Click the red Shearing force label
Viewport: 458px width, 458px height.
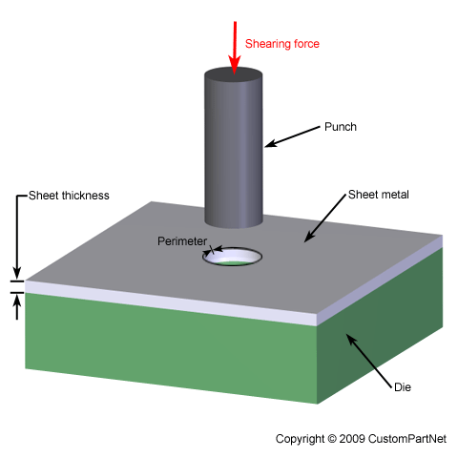282,44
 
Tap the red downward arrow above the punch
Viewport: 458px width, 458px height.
235,48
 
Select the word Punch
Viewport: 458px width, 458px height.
341,127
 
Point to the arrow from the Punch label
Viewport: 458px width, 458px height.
292,136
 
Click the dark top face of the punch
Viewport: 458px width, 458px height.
234,75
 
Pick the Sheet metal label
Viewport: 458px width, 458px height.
379,195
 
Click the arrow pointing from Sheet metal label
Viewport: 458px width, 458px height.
324,219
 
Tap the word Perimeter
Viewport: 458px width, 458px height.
182,241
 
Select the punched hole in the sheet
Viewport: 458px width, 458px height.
233,257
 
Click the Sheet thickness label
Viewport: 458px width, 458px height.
69,196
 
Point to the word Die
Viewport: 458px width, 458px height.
403,387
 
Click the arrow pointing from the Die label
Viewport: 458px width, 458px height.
369,361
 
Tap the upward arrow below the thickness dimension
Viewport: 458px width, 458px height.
17,306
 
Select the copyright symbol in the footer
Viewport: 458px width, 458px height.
332,439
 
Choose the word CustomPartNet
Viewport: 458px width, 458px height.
407,439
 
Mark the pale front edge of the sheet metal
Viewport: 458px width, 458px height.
171,302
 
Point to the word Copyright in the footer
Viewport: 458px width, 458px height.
300,439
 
